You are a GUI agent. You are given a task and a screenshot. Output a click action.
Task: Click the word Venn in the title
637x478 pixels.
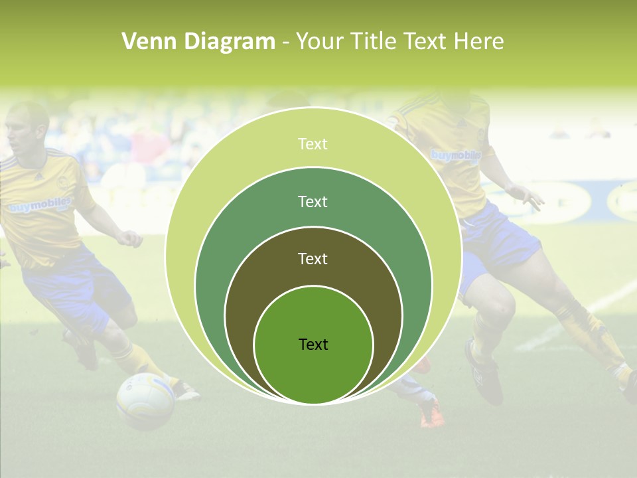(x=149, y=42)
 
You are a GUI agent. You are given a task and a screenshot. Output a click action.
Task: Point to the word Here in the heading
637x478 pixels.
(x=478, y=42)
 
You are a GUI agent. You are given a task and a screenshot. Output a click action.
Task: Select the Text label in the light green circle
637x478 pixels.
(x=313, y=144)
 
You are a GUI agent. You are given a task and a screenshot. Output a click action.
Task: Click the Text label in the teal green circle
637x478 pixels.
(x=313, y=201)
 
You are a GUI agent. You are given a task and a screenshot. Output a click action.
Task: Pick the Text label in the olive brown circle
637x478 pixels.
(x=313, y=258)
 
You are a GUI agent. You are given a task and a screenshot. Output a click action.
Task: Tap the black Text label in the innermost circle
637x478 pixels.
(x=313, y=344)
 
